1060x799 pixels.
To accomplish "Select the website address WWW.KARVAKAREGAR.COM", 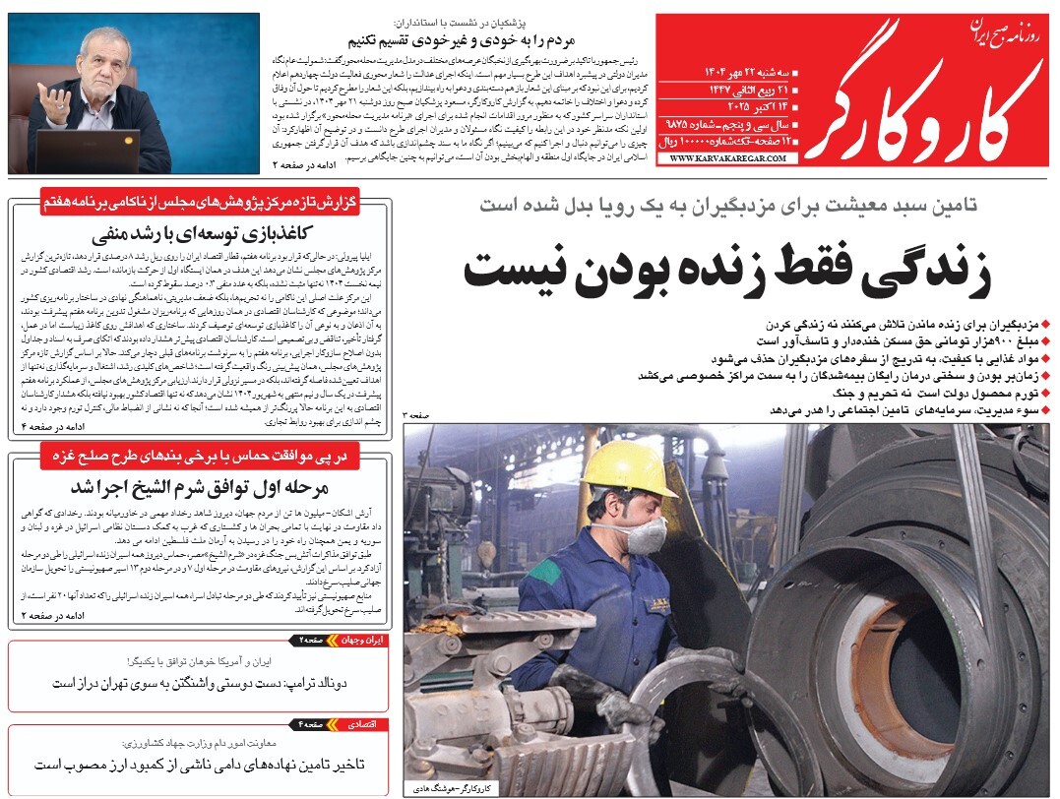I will (x=723, y=156).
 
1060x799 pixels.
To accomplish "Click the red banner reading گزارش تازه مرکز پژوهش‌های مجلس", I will (x=213, y=205).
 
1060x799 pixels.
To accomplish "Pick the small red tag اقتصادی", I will (x=367, y=724).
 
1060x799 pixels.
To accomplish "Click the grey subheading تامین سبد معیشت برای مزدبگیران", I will (x=728, y=206).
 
